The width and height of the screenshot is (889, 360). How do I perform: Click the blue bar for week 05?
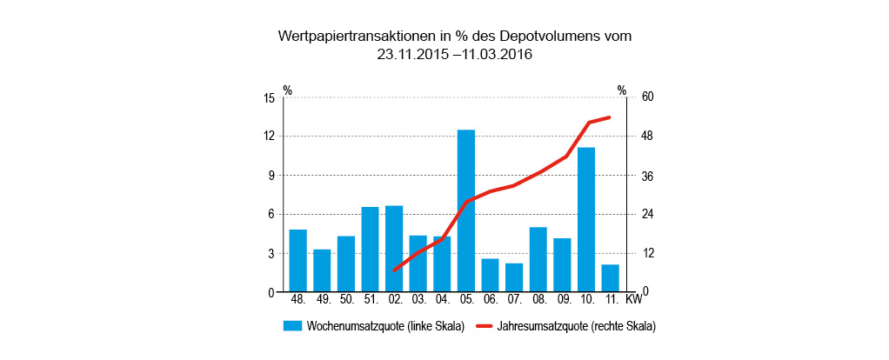pyautogui.click(x=466, y=210)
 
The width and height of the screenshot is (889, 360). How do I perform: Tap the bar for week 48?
pyautogui.click(x=298, y=260)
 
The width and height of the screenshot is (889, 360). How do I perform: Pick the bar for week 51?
pyautogui.click(x=371, y=249)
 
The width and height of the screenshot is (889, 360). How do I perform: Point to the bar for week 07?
pyautogui.click(x=514, y=277)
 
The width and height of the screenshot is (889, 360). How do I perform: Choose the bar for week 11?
pyautogui.click(x=610, y=278)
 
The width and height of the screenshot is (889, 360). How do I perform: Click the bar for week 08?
pyautogui.click(x=538, y=259)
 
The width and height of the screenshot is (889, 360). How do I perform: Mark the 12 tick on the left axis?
pyautogui.click(x=269, y=137)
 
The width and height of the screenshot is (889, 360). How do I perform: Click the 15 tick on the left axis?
pyautogui.click(x=269, y=97)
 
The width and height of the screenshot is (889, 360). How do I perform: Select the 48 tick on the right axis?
pyautogui.click(x=647, y=137)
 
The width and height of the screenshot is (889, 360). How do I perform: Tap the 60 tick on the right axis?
pyautogui.click(x=647, y=97)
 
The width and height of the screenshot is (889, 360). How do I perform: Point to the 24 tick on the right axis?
pyautogui.click(x=647, y=215)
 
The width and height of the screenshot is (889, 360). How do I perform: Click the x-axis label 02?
pyautogui.click(x=395, y=300)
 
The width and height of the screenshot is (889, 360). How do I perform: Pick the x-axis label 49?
pyautogui.click(x=323, y=300)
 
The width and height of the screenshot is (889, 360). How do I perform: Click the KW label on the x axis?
pyautogui.click(x=634, y=300)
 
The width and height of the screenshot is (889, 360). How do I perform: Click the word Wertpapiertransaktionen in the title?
pyautogui.click(x=356, y=37)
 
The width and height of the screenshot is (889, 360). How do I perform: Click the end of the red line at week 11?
pyautogui.click(x=610, y=117)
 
